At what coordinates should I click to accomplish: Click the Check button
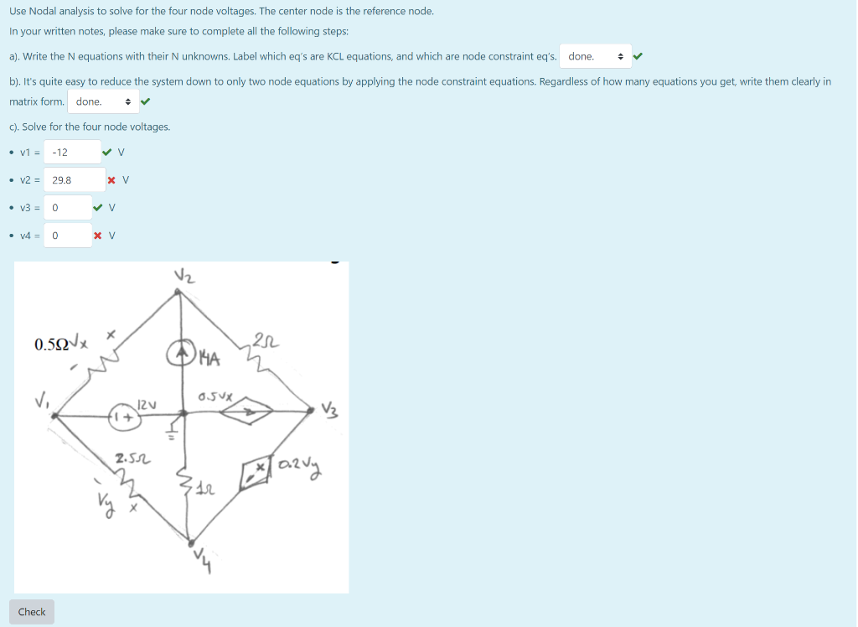32,612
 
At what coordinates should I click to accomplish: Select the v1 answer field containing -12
71,153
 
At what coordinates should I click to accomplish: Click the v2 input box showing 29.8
74,180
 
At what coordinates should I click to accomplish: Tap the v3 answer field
67,208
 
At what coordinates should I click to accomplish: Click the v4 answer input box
67,236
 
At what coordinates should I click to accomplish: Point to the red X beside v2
112,180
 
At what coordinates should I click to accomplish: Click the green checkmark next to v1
106,153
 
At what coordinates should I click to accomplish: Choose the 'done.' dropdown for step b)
103,102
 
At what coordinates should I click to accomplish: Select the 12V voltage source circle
126,415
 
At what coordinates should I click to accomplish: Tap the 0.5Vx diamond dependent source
247,411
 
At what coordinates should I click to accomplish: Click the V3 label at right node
331,410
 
